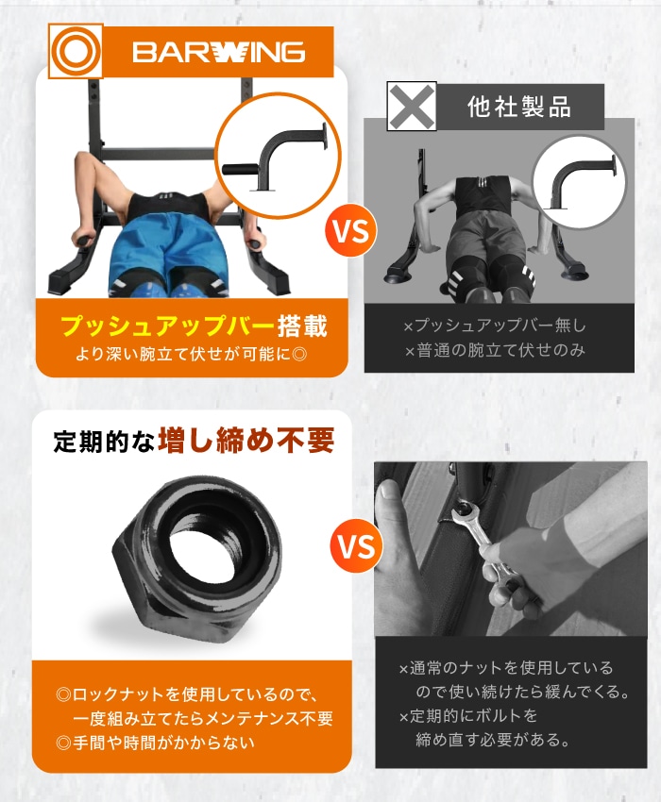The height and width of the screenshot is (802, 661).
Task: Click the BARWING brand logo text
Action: point(218,51)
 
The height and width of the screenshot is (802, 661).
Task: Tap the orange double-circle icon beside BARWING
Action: point(76,51)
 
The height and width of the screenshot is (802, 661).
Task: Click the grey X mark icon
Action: point(413,106)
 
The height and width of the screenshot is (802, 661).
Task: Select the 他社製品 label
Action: point(519,106)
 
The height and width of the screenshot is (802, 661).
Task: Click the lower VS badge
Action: point(356,546)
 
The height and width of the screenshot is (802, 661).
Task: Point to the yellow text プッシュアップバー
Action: point(166,326)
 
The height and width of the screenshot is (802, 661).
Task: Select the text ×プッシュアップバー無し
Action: point(494,326)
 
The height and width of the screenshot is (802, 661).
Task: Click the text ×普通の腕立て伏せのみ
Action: point(494,351)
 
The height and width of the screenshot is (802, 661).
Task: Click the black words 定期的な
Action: point(103,442)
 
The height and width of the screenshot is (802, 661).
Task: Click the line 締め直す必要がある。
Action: point(494,740)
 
